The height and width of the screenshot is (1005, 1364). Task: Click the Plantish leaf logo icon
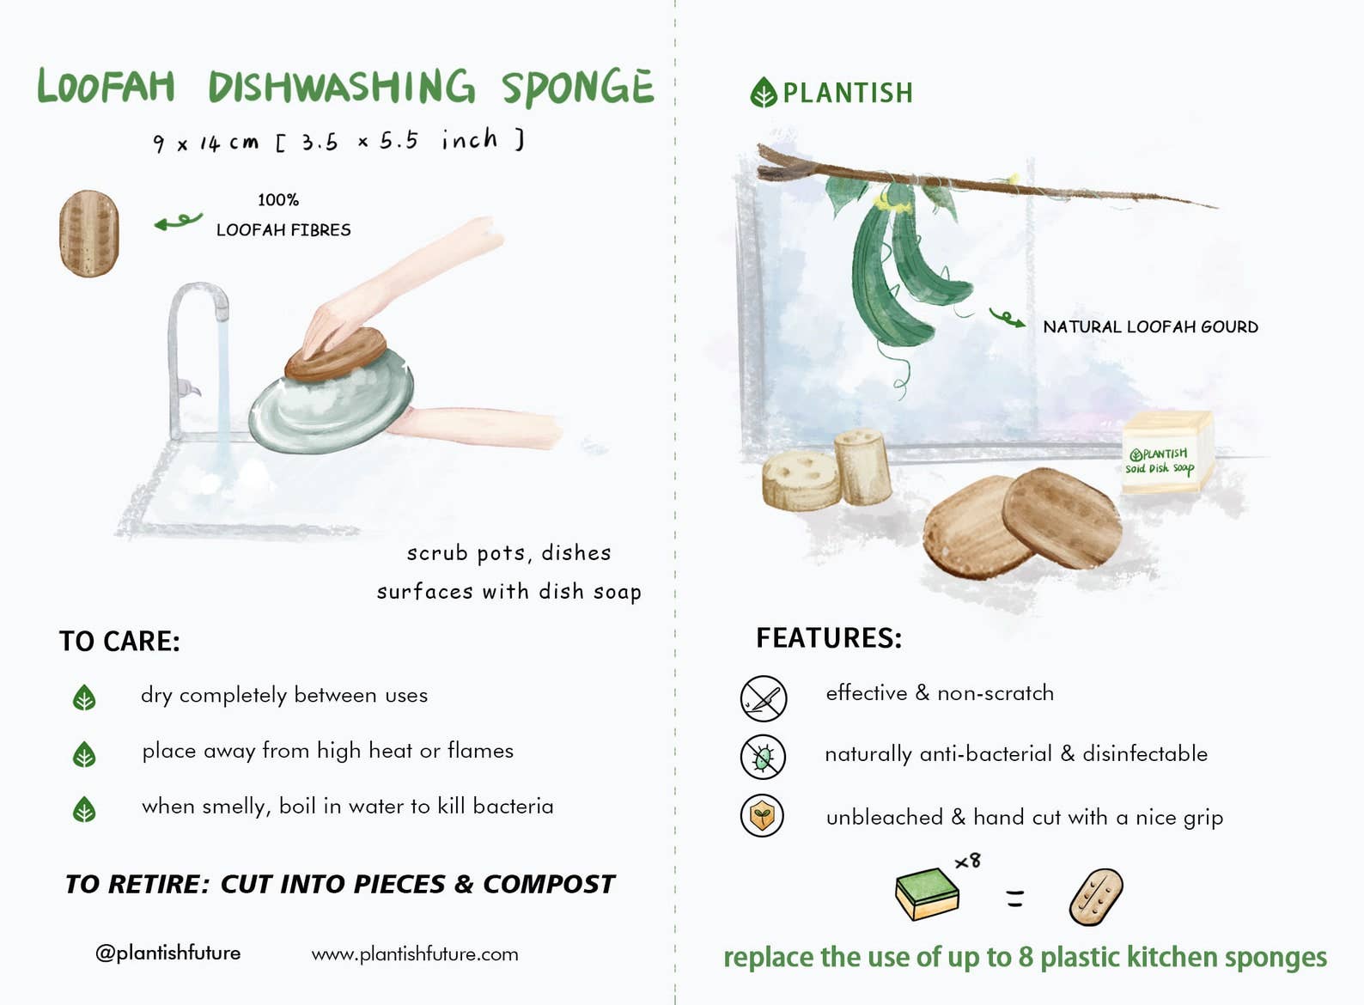763,93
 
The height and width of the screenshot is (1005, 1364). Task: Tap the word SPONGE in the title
577,88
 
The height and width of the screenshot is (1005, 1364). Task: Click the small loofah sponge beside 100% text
89,234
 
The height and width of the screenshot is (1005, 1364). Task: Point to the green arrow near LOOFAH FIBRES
178,222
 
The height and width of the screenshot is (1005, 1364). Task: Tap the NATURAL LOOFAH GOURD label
1150,326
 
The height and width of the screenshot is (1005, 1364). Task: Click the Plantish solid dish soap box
1166,453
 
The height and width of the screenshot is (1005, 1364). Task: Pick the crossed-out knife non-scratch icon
763,697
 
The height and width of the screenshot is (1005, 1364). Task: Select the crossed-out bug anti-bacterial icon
763,757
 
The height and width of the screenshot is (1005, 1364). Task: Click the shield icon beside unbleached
762,816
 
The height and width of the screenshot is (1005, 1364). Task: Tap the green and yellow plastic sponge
927,893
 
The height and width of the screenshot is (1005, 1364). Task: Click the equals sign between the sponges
1015,898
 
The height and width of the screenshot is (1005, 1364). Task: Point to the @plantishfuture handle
168,953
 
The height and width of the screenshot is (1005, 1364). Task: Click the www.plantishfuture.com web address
415,953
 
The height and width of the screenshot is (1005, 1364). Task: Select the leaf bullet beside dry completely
84,697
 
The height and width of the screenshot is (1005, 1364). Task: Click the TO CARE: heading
119,641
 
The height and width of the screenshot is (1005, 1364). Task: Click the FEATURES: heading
829,637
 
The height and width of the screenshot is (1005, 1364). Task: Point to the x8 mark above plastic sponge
968,860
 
